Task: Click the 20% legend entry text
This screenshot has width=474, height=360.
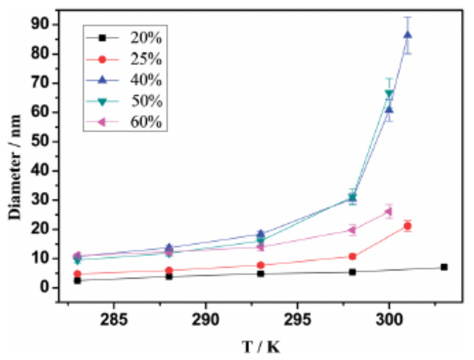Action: coord(146,38)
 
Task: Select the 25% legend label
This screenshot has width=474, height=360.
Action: coord(146,59)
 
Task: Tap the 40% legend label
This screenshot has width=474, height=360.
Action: coord(146,80)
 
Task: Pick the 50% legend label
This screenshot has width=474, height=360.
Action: coord(146,101)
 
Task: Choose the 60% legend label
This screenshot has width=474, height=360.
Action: coord(146,122)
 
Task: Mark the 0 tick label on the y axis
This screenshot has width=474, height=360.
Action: coord(45,287)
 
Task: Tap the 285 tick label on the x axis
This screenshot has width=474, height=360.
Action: coord(114,320)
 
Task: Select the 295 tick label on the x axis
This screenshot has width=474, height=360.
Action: coord(297,320)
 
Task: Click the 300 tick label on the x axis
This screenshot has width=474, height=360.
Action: coord(389,320)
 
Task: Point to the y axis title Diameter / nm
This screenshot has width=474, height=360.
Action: coord(14,168)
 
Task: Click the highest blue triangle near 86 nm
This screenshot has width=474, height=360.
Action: coord(407,35)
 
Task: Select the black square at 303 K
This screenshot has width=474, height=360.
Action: coord(444,267)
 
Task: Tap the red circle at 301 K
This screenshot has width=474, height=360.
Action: coord(407,226)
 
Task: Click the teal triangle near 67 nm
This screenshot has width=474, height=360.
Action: coord(389,93)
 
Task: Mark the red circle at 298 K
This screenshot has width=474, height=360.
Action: coord(352,256)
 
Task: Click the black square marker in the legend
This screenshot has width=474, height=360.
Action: coord(102,38)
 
